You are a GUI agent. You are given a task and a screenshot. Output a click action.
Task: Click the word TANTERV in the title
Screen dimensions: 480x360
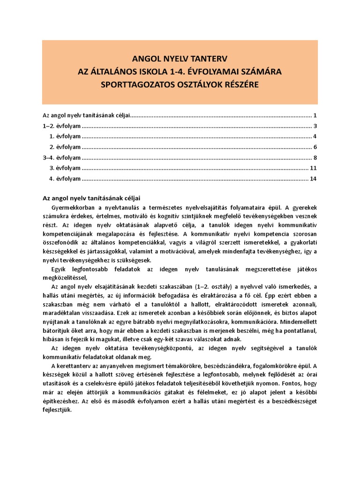click(205, 60)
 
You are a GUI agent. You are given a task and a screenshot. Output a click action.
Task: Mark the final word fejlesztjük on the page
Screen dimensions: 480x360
click(56, 409)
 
